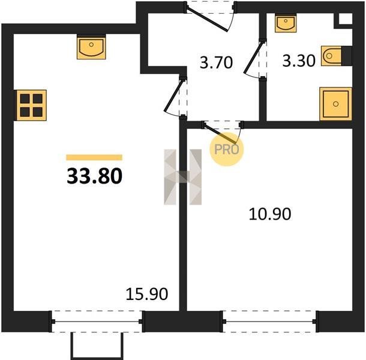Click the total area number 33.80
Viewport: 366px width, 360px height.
pyautogui.click(x=95, y=176)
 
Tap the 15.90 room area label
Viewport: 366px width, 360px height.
pyautogui.click(x=147, y=294)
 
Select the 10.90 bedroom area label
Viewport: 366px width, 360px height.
pyautogui.click(x=270, y=214)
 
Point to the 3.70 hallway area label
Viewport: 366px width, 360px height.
pyautogui.click(x=216, y=62)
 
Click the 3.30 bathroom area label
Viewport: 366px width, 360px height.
pyautogui.click(x=299, y=61)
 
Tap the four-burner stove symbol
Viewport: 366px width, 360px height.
pyautogui.click(x=31, y=105)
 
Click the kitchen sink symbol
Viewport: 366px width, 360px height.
pyautogui.click(x=91, y=47)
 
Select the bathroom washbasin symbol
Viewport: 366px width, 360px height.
pyautogui.click(x=286, y=23)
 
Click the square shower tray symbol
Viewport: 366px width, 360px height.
pyautogui.click(x=335, y=104)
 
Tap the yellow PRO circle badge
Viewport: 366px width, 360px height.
pyautogui.click(x=227, y=149)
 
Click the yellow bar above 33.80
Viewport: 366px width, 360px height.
pyautogui.click(x=94, y=157)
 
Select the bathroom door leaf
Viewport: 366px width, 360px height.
pyautogui.click(x=254, y=56)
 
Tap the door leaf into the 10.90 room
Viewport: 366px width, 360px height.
pyautogui.click(x=220, y=134)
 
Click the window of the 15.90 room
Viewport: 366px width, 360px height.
pyautogui.click(x=97, y=322)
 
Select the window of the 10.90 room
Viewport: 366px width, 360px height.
pyautogui.click(x=270, y=322)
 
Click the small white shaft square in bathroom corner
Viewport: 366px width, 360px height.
pyautogui.click(x=346, y=19)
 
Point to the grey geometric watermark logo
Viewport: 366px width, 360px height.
pyautogui.click(x=183, y=177)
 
